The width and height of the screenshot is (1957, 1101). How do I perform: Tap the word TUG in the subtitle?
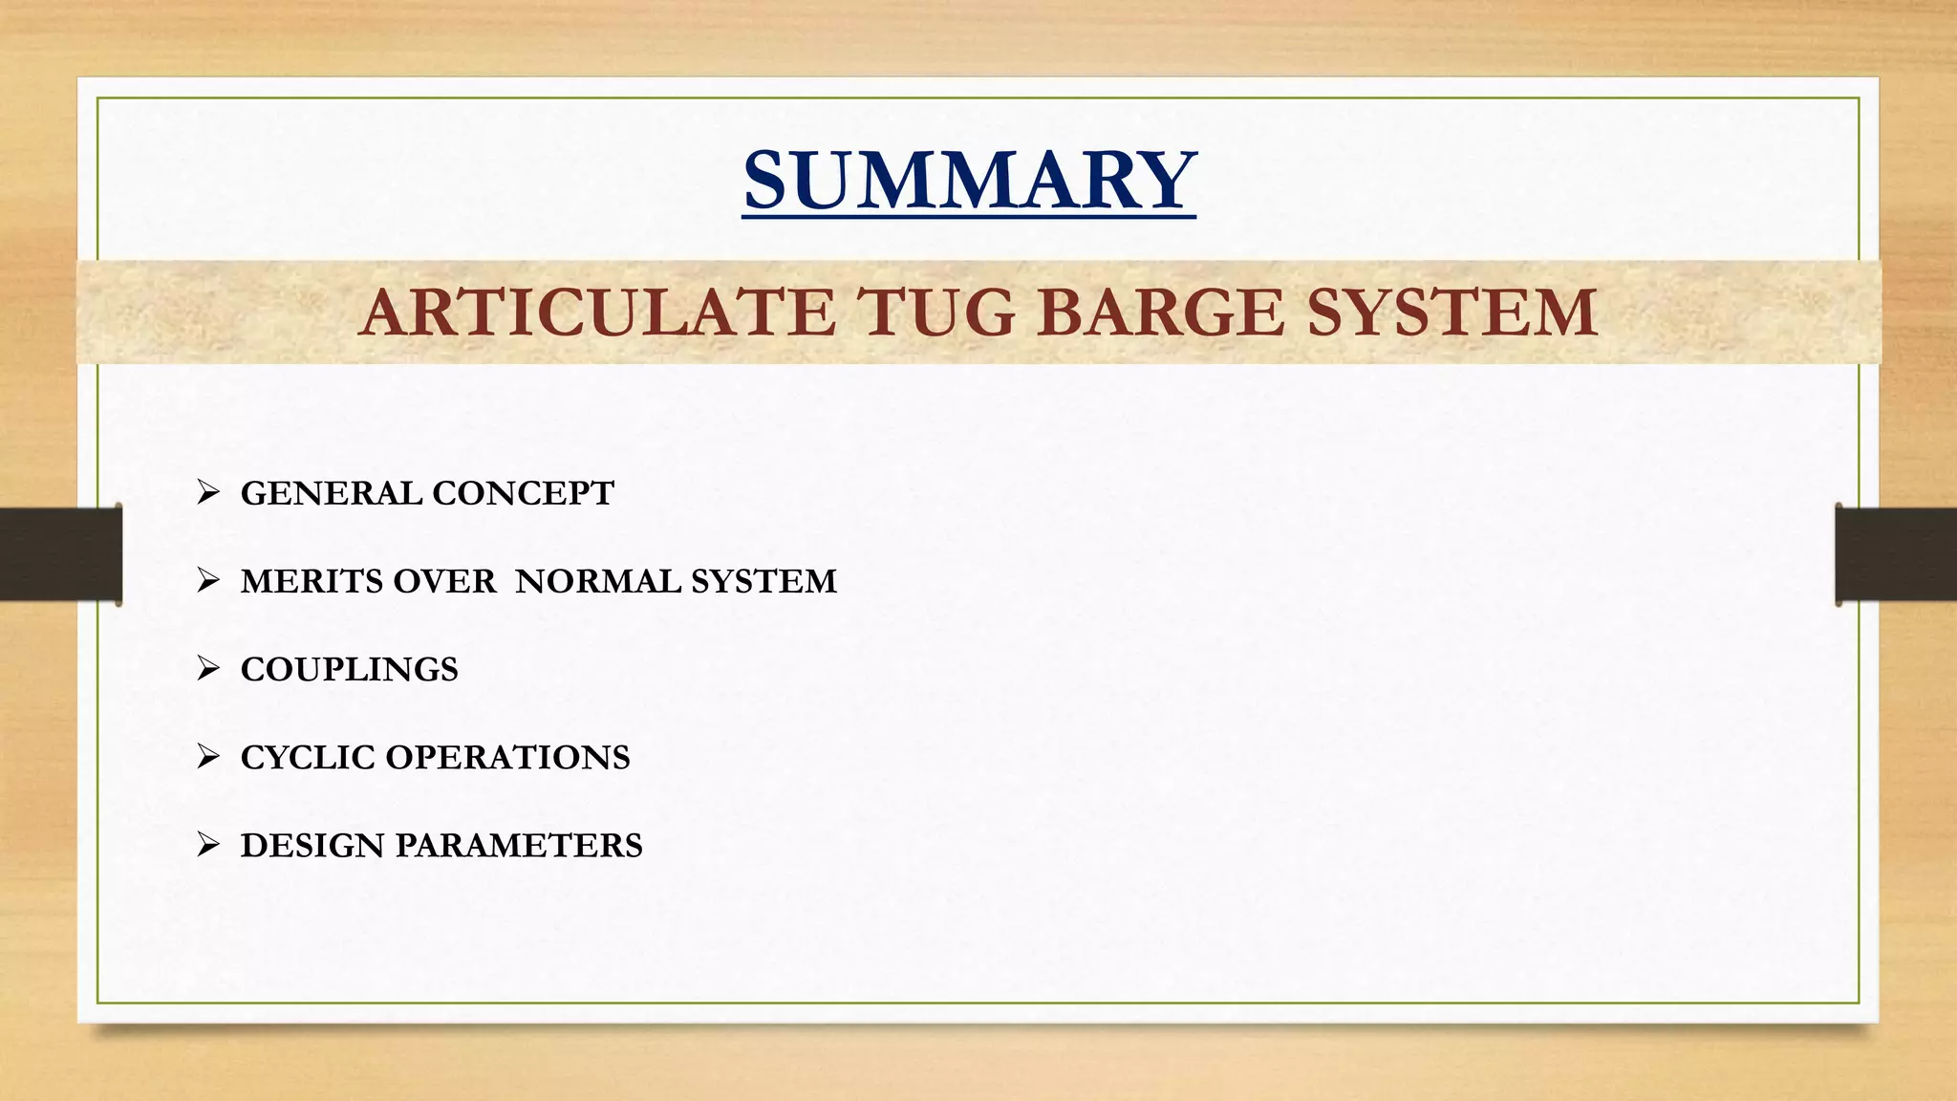coord(935,313)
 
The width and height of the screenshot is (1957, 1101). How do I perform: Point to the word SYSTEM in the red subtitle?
coord(1452,313)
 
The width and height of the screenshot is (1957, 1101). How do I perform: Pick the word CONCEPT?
coord(523,493)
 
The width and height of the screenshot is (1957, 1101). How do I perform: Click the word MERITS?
coord(312,581)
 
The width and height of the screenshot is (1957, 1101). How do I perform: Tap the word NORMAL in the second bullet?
coord(593,581)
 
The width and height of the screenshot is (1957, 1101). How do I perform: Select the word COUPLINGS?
coord(350,669)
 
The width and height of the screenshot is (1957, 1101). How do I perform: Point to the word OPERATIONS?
coord(507,757)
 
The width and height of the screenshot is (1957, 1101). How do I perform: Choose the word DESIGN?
coord(312,845)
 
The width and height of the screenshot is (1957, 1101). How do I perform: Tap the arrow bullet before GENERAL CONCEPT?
coord(208,492)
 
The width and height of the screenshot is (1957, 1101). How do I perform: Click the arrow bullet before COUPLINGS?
coord(208,668)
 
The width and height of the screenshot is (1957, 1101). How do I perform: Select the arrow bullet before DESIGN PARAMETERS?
coord(208,844)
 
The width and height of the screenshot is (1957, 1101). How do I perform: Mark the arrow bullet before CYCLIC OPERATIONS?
coord(208,756)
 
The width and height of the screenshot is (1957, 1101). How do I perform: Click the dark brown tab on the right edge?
coord(1896,554)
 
